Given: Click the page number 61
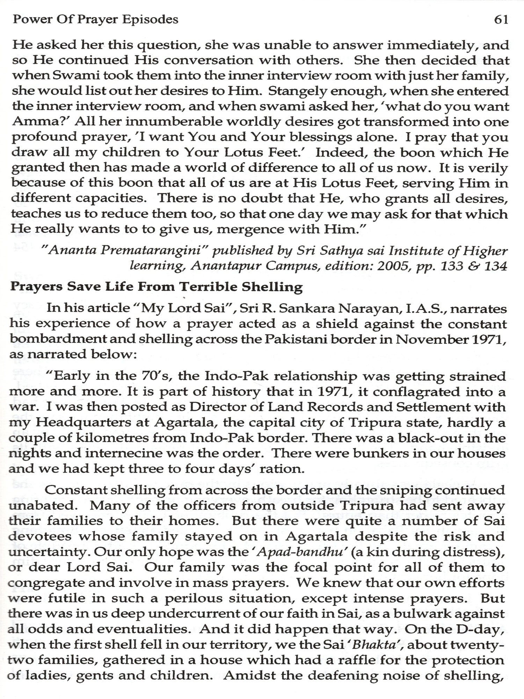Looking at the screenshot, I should pos(501,20).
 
